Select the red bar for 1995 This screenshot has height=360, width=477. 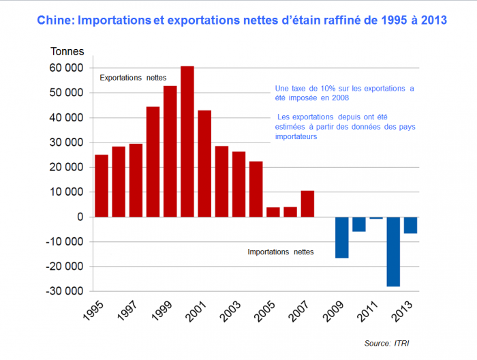(x=102, y=185)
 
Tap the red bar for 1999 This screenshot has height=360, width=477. (x=170, y=151)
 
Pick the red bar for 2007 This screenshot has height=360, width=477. (x=307, y=204)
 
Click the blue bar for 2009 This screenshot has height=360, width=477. (x=341, y=237)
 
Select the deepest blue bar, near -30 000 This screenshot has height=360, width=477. (x=393, y=252)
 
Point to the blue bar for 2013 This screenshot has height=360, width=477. (x=410, y=225)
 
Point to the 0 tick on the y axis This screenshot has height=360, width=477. (x=80, y=217)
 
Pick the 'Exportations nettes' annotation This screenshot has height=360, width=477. (x=133, y=78)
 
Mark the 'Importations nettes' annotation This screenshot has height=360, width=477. (x=280, y=252)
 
